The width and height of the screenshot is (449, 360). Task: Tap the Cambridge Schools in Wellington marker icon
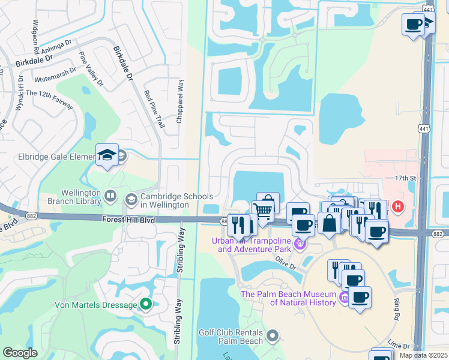(131, 199)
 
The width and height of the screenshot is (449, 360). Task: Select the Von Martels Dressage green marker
(145, 305)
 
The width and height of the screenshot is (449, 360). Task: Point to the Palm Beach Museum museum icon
(344, 297)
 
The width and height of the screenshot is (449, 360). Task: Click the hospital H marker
(397, 208)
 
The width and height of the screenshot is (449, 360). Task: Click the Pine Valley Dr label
(90, 68)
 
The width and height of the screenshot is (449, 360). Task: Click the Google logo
(20, 353)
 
